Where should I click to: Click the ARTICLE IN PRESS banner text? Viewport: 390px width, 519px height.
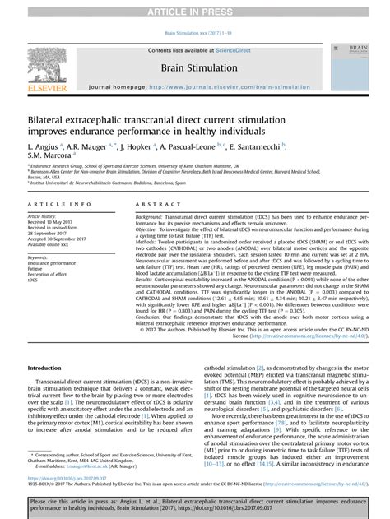[x=194, y=9]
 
